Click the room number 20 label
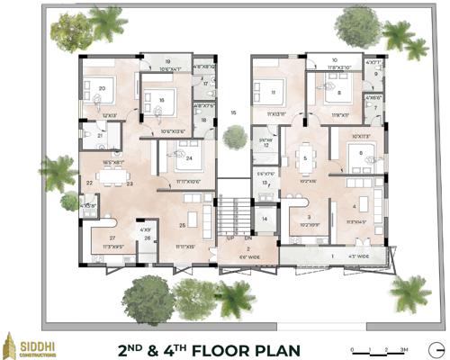(102, 88)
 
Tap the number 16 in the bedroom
(161, 100)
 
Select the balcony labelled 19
(167, 61)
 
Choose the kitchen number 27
(112, 238)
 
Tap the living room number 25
(182, 225)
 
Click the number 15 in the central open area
(233, 112)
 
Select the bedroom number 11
(273, 92)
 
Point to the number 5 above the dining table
(305, 158)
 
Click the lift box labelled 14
(265, 218)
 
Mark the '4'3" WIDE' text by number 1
(360, 257)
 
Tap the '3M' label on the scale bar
(405, 348)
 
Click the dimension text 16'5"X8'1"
(114, 163)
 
